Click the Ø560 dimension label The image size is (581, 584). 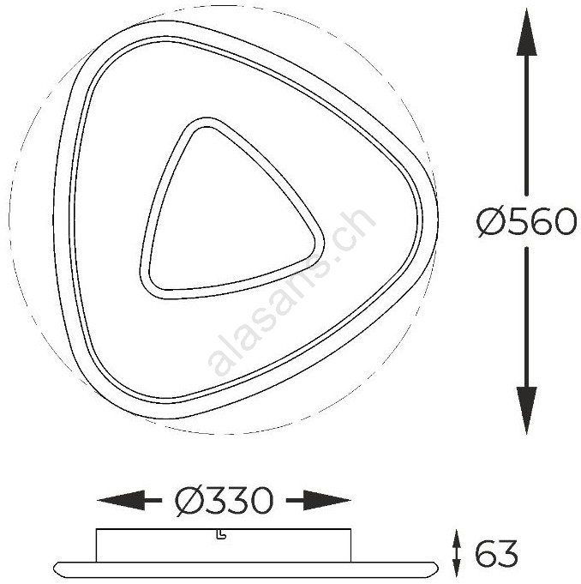[527, 221]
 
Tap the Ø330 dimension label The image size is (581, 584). [224, 501]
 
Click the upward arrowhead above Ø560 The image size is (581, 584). [527, 33]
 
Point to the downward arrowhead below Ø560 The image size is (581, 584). [527, 410]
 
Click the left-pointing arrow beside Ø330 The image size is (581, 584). [129, 500]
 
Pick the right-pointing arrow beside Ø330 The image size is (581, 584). [319, 500]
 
